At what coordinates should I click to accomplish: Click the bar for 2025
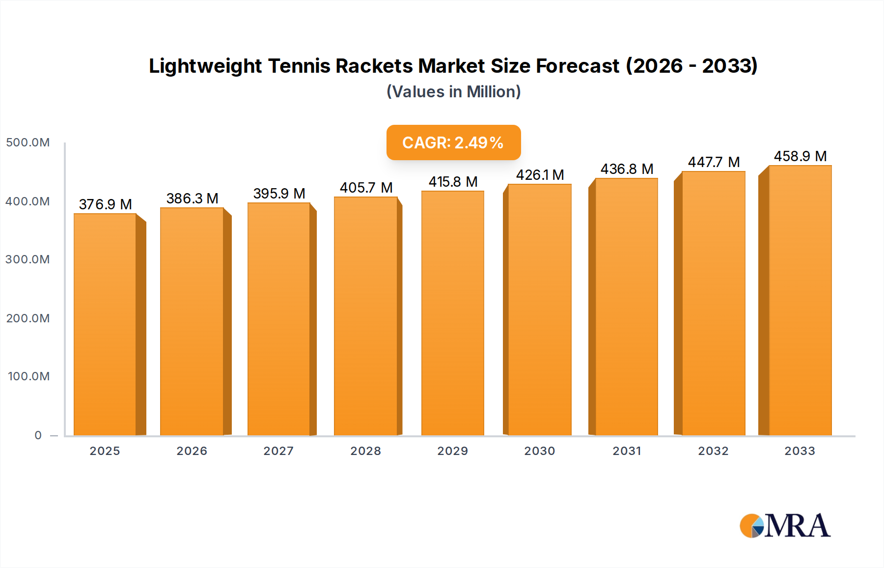105,324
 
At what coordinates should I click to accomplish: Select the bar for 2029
452,313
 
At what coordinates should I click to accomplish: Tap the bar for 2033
800,300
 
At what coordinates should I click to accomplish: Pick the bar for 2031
626,307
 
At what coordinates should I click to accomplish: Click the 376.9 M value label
105,204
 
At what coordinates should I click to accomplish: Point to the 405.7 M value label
366,188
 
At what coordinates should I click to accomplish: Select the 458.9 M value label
800,156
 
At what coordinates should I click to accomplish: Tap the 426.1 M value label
540,175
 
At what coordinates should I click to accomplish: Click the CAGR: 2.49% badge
453,142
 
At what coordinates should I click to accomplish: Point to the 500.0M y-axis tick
28,142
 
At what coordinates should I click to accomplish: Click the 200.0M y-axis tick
28,318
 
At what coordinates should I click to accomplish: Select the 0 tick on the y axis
38,435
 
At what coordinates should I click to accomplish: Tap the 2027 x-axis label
278,451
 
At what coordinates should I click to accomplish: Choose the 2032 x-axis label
713,451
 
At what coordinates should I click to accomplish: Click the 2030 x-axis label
539,451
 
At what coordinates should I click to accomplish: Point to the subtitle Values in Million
453,92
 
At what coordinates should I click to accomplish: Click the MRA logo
785,526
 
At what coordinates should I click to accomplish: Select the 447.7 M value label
713,162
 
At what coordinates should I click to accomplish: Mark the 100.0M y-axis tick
28,376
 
